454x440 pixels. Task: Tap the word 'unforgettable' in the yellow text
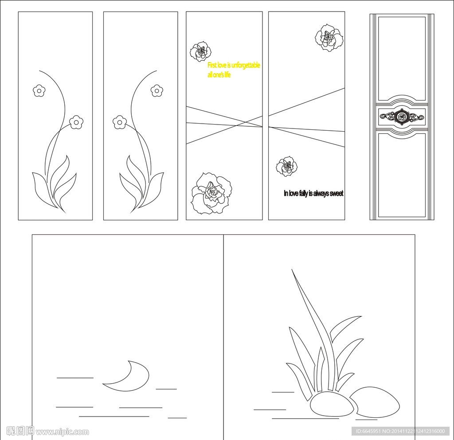tap(246, 66)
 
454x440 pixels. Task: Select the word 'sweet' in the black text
tap(337, 193)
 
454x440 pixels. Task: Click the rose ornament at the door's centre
tap(402, 117)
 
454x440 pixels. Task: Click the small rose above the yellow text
tap(201, 51)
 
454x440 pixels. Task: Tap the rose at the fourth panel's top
tap(329, 38)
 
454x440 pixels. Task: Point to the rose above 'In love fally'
tap(287, 166)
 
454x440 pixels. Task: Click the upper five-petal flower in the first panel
tap(39, 91)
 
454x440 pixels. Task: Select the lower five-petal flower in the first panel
tap(76, 122)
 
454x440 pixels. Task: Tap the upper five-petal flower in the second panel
tap(157, 90)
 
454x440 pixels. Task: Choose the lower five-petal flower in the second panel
tap(119, 122)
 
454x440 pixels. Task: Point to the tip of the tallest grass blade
tap(292, 269)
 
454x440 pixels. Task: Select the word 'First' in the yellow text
tap(212, 66)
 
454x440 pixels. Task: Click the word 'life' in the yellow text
tap(227, 75)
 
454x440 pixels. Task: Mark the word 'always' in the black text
tap(321, 194)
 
